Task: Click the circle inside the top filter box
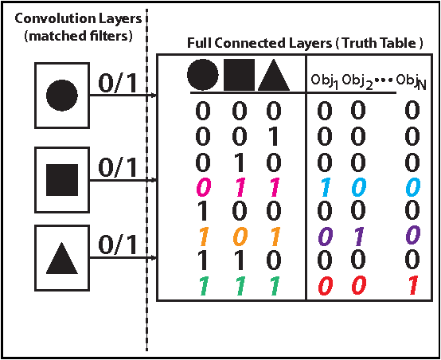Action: coord(62,94)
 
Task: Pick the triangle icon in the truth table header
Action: coord(272,75)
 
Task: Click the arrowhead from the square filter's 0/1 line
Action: coord(154,178)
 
